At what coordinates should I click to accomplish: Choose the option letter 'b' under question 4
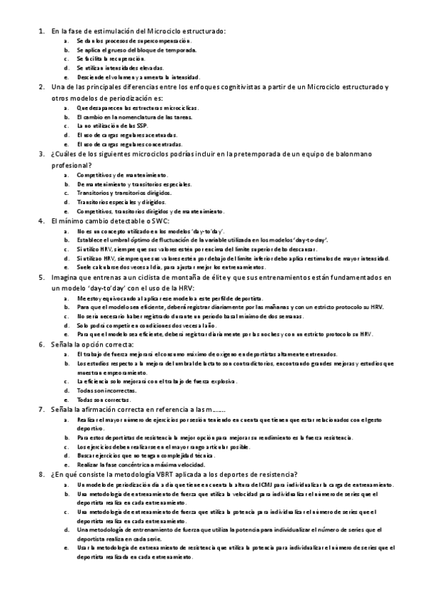pos(66,240)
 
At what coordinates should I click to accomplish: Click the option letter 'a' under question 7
pos(66,420)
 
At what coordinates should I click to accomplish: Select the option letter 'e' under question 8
pos(66,548)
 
